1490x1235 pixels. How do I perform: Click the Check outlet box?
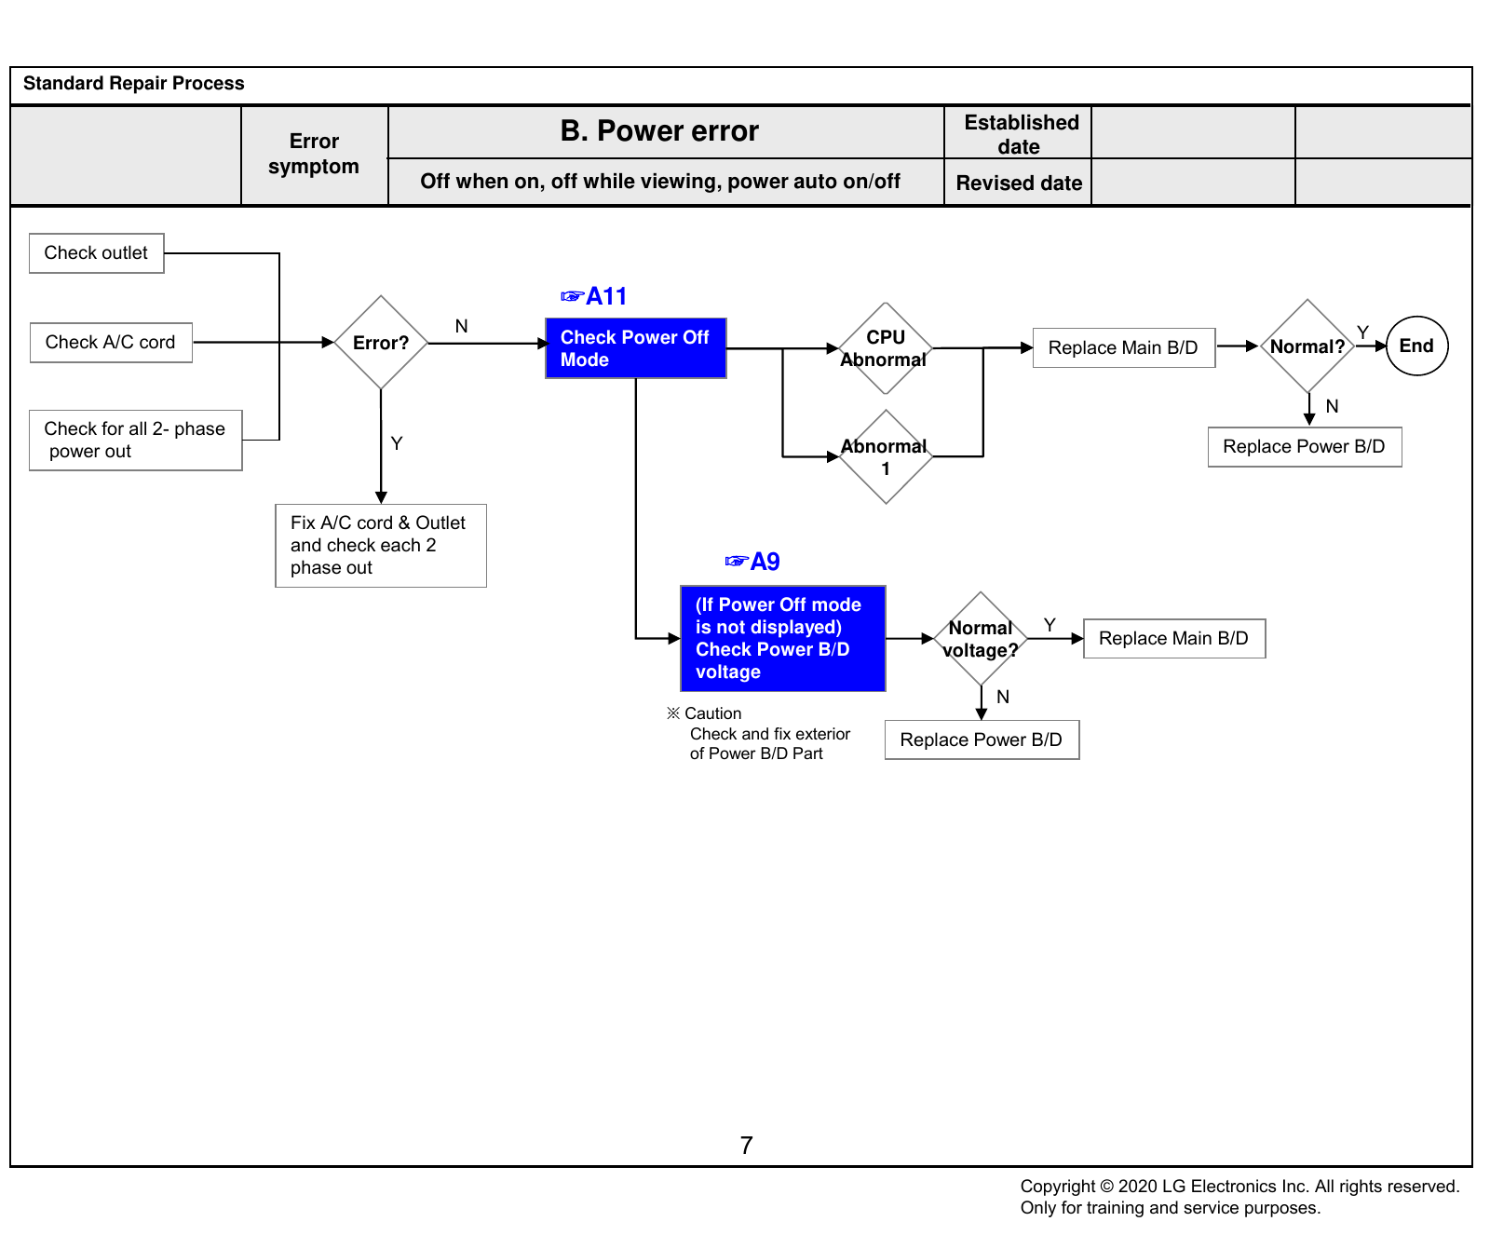[x=97, y=253]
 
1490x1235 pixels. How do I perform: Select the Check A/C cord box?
[x=111, y=343]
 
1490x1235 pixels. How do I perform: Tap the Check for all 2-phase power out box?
[x=136, y=441]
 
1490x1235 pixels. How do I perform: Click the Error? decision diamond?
[x=381, y=343]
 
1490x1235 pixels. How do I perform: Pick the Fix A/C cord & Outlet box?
[x=381, y=546]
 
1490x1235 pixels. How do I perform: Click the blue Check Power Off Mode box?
[x=636, y=348]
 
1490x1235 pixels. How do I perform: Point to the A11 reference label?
[x=594, y=296]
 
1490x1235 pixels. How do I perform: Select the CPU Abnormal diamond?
[x=886, y=348]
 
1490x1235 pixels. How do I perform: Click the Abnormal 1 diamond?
[x=886, y=456]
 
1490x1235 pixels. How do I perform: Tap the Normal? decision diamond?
[x=1307, y=346]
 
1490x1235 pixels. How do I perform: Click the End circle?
[x=1416, y=346]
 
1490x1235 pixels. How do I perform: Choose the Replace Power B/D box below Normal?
[x=1305, y=447]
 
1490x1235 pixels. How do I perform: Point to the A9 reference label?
[x=752, y=562]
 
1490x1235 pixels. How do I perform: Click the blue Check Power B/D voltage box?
[x=783, y=639]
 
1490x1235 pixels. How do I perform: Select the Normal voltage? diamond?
[x=981, y=639]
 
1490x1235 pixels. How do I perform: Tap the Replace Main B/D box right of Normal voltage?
[x=1174, y=639]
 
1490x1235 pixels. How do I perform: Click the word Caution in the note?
[x=713, y=713]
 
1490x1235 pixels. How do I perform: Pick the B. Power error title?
[x=659, y=131]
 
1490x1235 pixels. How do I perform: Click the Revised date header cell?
[x=1019, y=183]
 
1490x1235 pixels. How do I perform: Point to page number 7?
[x=746, y=1146]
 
